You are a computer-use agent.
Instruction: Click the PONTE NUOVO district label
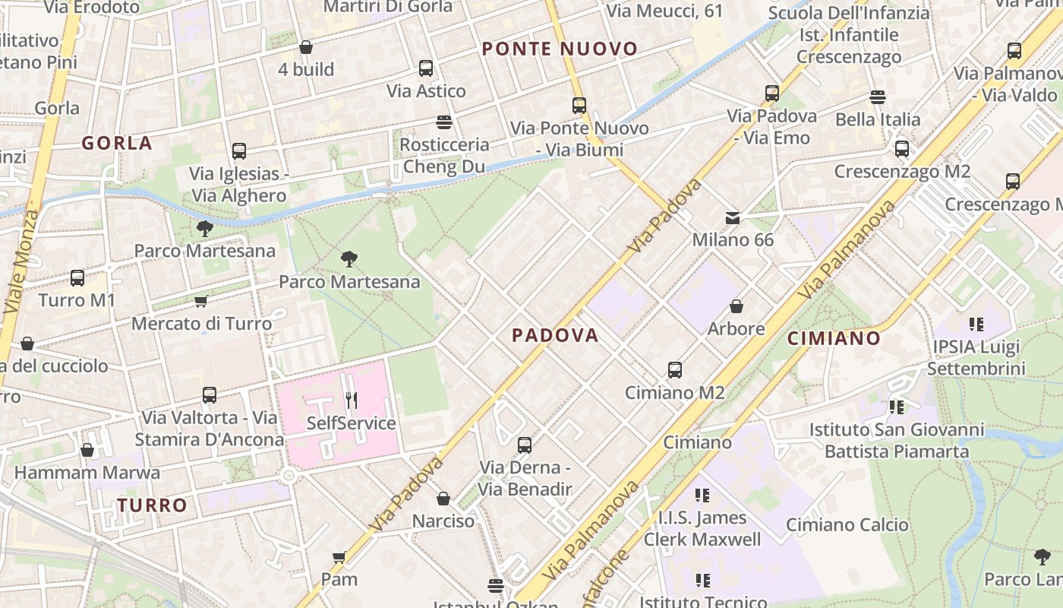560,49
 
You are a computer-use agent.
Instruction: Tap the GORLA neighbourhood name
117,143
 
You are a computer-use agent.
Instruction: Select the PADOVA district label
555,335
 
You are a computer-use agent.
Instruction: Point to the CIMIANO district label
834,338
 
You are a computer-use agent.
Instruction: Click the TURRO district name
152,505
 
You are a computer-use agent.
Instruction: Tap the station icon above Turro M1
77,278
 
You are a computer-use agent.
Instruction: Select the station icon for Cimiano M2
675,370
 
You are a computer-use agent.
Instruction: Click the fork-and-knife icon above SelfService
351,400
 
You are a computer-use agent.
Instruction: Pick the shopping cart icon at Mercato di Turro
201,302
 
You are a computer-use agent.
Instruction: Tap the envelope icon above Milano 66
733,218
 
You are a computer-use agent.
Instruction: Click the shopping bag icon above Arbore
736,306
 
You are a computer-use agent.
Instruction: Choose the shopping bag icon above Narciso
443,499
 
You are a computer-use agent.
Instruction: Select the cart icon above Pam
339,557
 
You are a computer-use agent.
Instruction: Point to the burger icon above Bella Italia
878,97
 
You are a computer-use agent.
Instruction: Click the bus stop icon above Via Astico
426,68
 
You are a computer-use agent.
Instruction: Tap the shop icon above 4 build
306,47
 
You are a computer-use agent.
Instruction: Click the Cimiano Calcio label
847,524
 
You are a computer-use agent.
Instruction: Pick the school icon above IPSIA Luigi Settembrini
976,325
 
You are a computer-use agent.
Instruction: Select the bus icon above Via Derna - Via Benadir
525,445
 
